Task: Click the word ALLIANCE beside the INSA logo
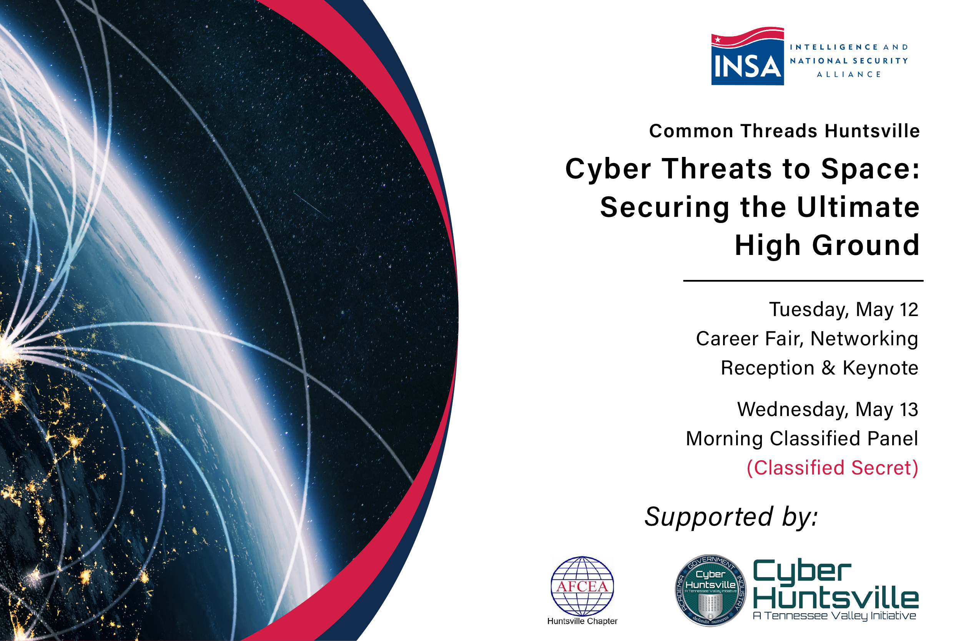click(x=849, y=74)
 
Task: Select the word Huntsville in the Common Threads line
click(x=872, y=131)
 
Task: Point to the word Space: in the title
click(x=870, y=169)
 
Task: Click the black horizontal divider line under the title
click(x=803, y=281)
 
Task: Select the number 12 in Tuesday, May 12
click(x=908, y=310)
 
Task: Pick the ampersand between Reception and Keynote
click(x=828, y=368)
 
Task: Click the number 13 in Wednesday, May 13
click(x=909, y=410)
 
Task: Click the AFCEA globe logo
click(x=582, y=585)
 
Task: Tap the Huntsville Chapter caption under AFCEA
click(x=582, y=621)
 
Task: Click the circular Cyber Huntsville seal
click(x=710, y=590)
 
